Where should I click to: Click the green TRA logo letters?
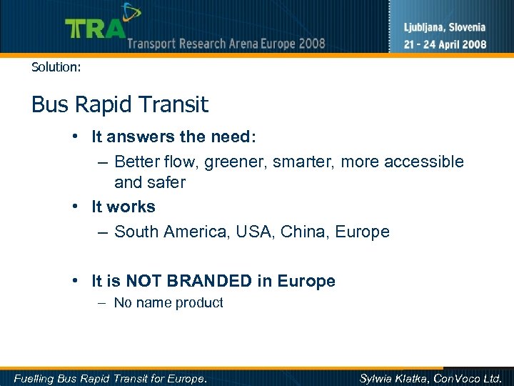(94, 29)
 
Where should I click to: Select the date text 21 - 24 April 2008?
(445, 44)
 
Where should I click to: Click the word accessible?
(423, 162)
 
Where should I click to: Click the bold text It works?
(123, 207)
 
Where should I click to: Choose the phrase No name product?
(168, 303)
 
